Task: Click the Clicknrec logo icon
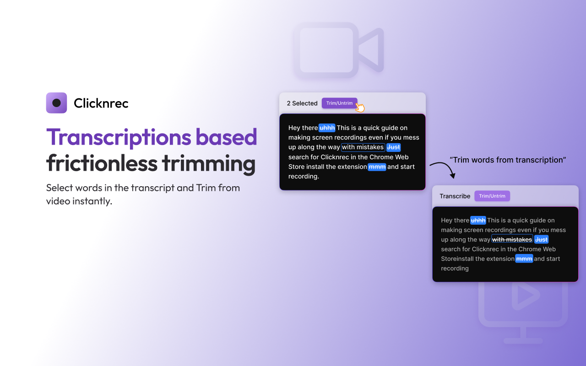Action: coord(56,103)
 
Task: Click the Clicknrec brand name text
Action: coord(101,103)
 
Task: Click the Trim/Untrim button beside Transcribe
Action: coord(492,196)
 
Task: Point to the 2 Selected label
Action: coord(302,103)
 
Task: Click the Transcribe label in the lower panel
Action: coord(455,196)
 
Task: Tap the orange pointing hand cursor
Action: coord(360,108)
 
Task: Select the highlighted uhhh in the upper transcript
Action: coord(327,128)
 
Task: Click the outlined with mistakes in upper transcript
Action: coord(363,147)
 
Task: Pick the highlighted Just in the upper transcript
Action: coord(393,147)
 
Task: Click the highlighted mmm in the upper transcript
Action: coord(377,167)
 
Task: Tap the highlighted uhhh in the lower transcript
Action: coord(478,221)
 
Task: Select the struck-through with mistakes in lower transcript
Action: coord(512,240)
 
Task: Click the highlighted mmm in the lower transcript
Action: coord(524,259)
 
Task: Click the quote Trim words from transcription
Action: coord(508,160)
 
